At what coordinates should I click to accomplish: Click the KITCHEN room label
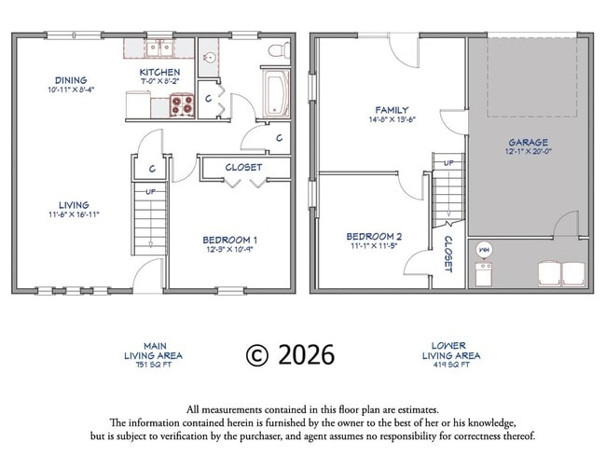(x=159, y=72)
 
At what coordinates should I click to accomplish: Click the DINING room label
(x=71, y=80)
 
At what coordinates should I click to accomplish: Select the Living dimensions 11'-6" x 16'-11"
(x=73, y=214)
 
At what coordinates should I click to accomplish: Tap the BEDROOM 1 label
(x=230, y=240)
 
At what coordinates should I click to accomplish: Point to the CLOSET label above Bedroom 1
(x=243, y=168)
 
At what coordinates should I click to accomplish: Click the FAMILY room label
(x=392, y=110)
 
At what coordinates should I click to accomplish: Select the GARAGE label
(x=528, y=143)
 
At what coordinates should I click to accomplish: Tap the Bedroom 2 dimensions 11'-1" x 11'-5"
(x=374, y=246)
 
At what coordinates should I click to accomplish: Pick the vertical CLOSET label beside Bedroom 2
(x=448, y=254)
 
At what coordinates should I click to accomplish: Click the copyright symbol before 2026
(x=257, y=354)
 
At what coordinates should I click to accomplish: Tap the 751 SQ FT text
(x=154, y=365)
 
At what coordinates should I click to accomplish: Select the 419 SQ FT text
(x=451, y=365)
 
